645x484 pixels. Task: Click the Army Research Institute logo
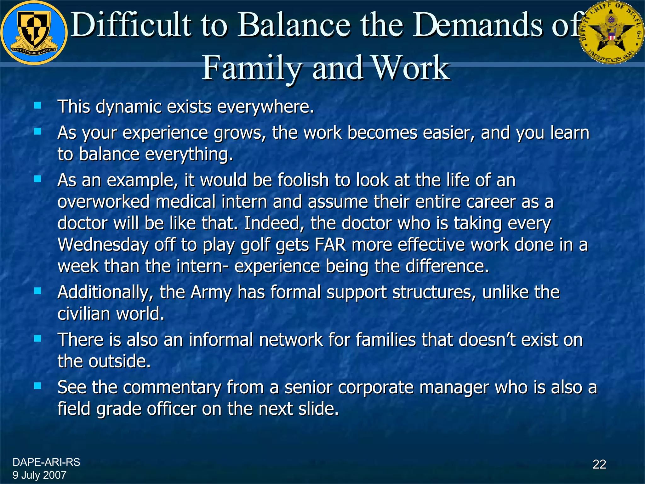point(34,33)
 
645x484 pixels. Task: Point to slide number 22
point(599,464)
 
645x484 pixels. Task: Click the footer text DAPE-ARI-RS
point(46,462)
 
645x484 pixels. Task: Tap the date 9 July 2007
point(39,475)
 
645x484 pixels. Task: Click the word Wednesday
point(103,245)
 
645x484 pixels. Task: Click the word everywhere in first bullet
point(265,107)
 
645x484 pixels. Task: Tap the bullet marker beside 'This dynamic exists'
point(38,105)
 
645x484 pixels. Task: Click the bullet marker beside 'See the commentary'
point(38,386)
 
